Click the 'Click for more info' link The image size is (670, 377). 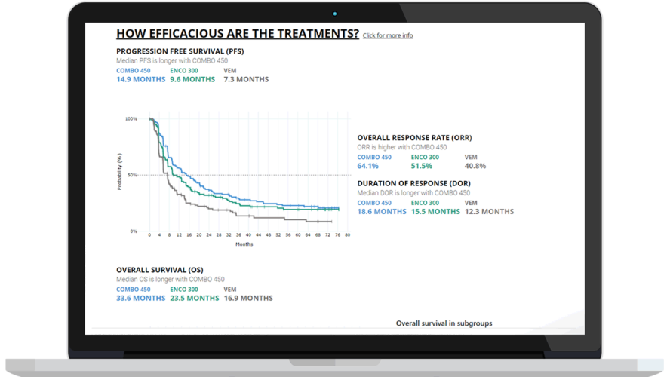click(x=388, y=35)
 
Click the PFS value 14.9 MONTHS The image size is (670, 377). click(x=140, y=79)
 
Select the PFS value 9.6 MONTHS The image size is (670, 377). click(x=192, y=79)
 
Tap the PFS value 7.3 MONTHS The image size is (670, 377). click(x=246, y=79)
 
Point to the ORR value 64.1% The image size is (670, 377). click(x=368, y=166)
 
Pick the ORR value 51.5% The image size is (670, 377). click(x=422, y=166)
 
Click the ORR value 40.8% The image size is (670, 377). click(x=475, y=166)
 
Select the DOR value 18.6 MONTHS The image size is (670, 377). click(x=382, y=212)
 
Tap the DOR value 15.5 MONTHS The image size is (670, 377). click(x=435, y=212)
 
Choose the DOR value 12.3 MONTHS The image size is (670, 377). click(x=489, y=212)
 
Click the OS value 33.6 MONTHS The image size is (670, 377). click(x=140, y=298)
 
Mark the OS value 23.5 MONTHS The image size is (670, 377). click(x=195, y=298)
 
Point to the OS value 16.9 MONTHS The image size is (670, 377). click(x=248, y=298)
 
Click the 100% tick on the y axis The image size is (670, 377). click(x=131, y=119)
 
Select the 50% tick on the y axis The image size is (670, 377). click(x=133, y=175)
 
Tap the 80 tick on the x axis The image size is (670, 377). click(x=348, y=235)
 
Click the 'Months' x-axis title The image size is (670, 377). click(x=244, y=244)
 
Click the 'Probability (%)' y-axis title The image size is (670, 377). click(x=119, y=172)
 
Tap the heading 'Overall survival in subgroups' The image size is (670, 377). click(x=444, y=323)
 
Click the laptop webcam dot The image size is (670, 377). click(x=335, y=14)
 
